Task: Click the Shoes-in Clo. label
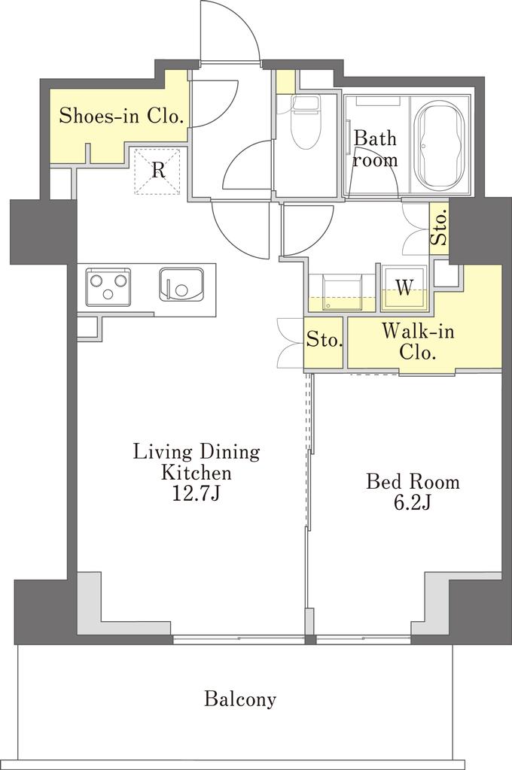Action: coord(121,116)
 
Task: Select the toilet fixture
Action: coord(306,121)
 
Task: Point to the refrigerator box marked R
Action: coord(157,171)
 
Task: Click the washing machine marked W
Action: coord(404,288)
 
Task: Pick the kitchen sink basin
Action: coord(181,284)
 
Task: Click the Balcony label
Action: coord(240,699)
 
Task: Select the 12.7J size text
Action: coord(195,493)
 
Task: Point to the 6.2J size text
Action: coord(412,502)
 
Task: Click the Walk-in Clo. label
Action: coord(418,341)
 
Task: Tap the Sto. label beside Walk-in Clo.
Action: coord(324,340)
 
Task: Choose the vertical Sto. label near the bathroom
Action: coord(439,228)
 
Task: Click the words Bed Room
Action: coord(413,481)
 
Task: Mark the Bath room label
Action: coord(375,149)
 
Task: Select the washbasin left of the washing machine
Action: coord(341,293)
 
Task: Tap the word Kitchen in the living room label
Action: coord(197,472)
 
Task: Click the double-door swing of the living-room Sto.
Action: coord(289,343)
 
